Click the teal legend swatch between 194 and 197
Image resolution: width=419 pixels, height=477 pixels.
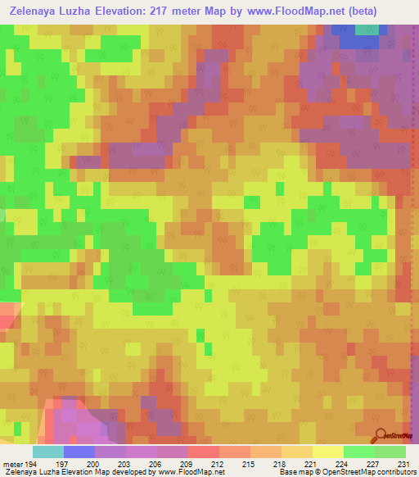(48, 452)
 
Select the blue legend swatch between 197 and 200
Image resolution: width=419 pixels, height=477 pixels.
(79, 452)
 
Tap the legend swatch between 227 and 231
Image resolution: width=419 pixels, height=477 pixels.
(390, 452)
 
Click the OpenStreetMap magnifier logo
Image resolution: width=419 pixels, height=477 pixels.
(381, 435)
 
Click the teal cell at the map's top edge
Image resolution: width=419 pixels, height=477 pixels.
(367, 30)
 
